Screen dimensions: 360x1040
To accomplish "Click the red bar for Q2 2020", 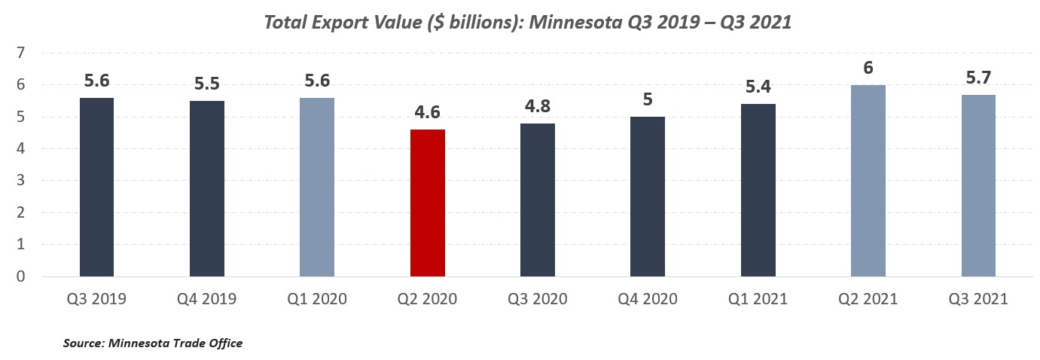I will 427,203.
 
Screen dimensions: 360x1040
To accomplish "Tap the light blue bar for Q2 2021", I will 868,181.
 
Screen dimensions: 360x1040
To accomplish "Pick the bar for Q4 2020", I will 648,197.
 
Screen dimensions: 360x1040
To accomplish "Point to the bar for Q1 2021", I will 758,191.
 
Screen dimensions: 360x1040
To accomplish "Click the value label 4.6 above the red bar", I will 427,112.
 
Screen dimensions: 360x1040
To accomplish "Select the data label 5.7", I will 978,78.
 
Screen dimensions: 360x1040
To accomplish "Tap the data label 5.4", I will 758,87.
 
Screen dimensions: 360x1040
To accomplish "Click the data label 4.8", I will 538,106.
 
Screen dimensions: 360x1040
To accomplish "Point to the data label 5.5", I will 207,84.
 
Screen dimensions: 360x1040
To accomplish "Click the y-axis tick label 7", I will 22,53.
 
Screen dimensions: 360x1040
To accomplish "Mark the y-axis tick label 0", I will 22,277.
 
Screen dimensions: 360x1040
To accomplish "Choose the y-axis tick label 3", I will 22,182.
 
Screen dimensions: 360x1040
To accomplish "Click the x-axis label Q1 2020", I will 317,300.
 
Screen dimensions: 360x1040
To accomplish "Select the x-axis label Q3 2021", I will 978,300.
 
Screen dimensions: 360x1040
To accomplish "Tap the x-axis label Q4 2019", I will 207,300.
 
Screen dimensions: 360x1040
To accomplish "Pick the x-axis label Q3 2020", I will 538,300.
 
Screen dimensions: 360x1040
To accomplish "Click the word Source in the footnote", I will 83,343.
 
